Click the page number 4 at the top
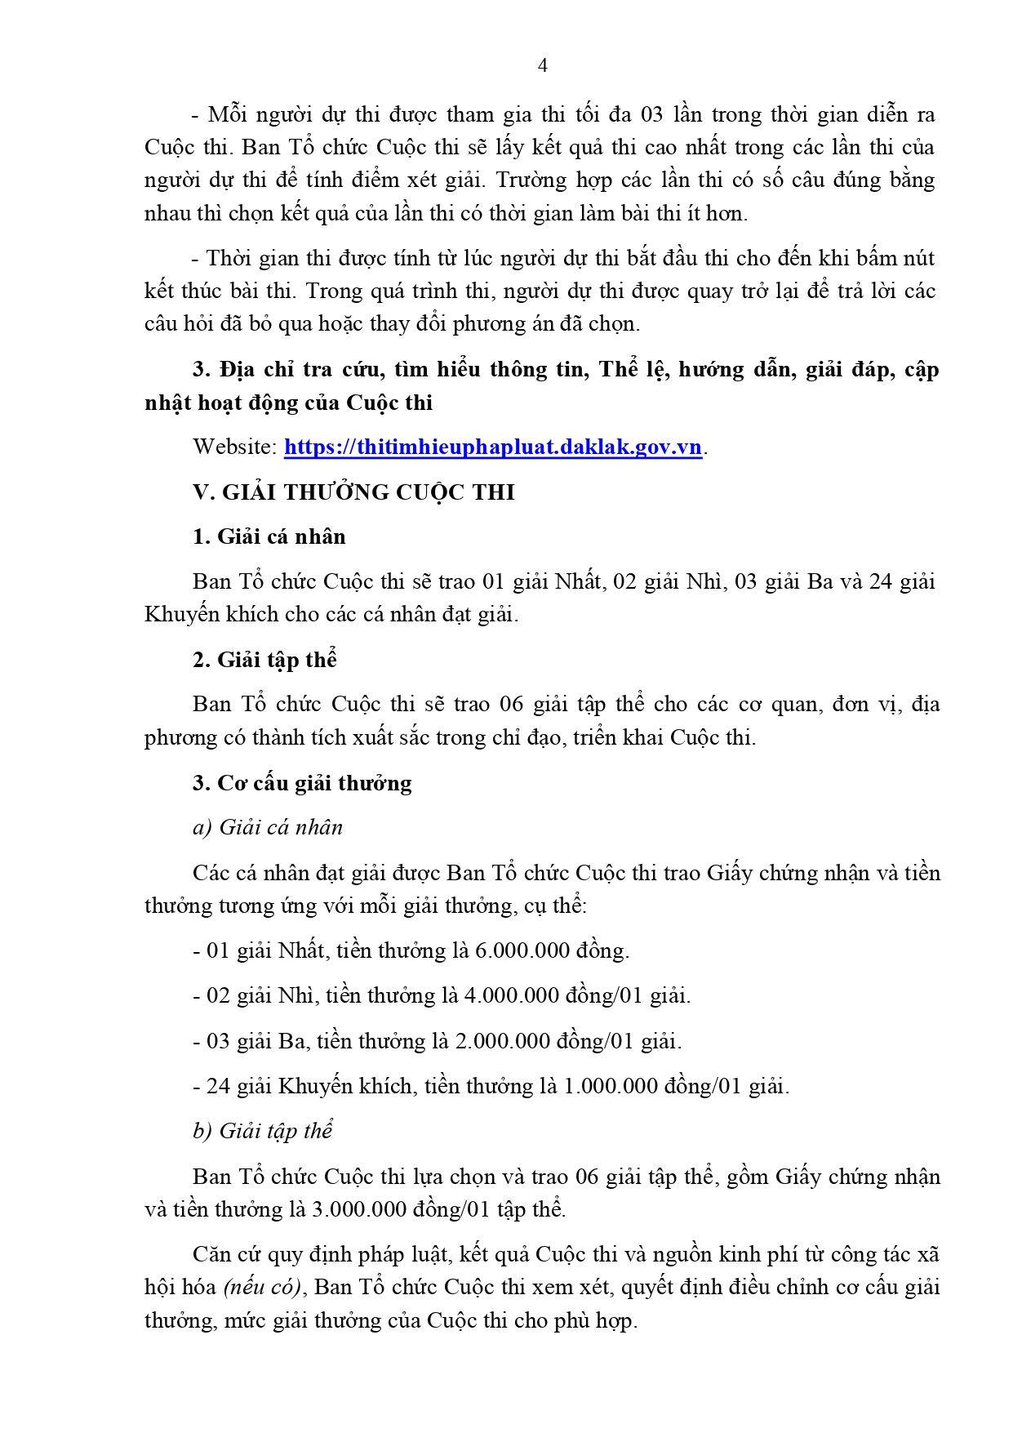tap(543, 65)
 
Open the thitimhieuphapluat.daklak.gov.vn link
tap(492, 447)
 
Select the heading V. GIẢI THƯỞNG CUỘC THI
tap(353, 492)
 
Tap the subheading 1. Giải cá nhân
tap(269, 536)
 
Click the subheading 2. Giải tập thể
tap(264, 660)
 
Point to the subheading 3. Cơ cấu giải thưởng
tap(302, 783)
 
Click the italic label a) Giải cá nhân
tap(268, 828)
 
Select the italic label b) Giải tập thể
tap(263, 1131)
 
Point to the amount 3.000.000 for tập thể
tap(359, 1209)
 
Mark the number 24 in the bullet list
tap(218, 1087)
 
